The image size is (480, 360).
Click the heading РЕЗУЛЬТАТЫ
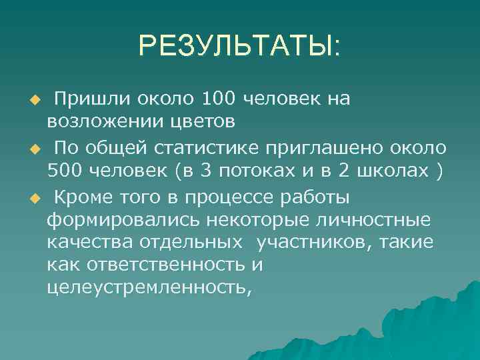(x=239, y=46)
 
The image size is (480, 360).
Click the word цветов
(x=200, y=122)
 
